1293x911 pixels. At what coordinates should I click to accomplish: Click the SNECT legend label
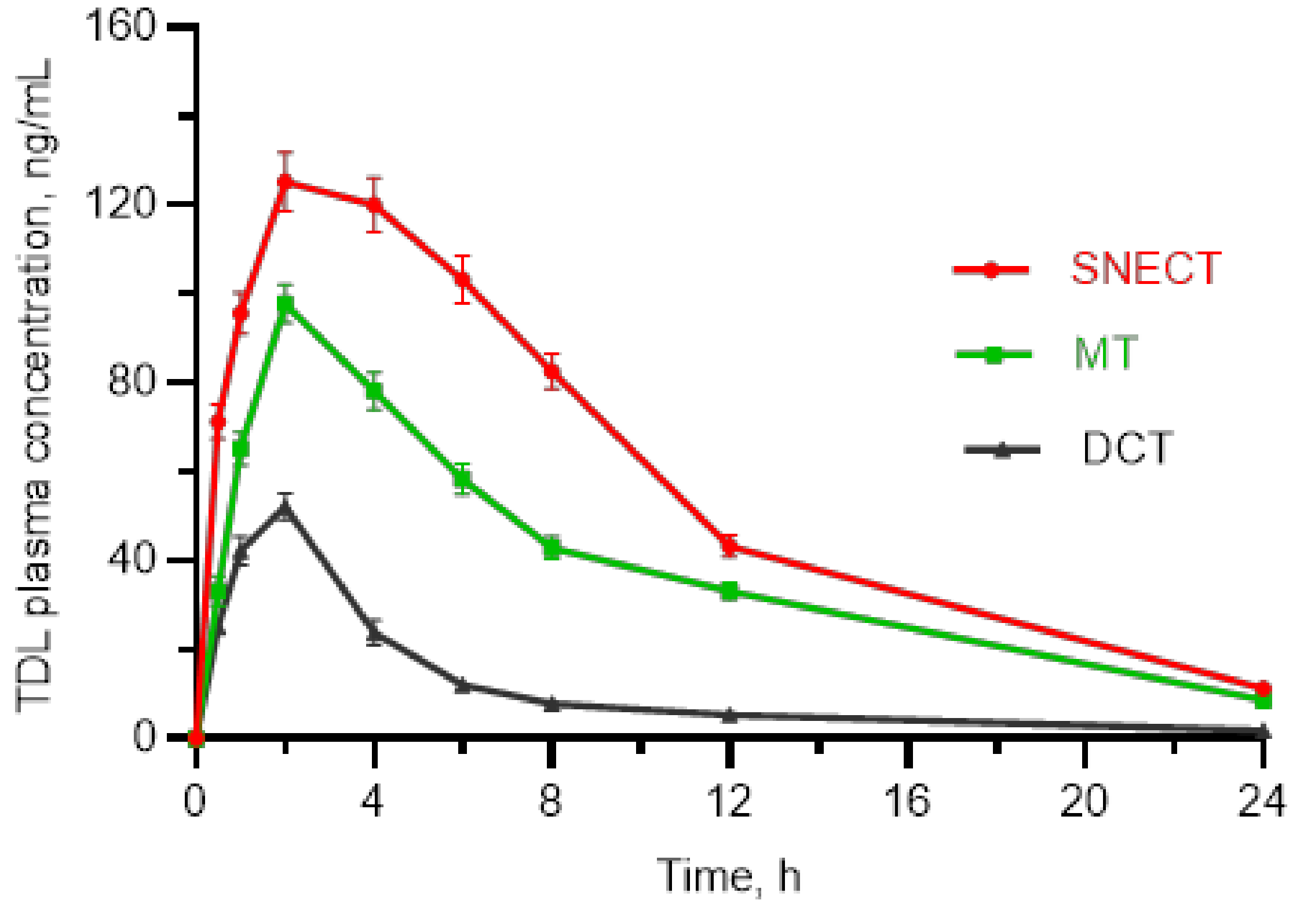(1146, 269)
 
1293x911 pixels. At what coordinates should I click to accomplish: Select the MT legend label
(1105, 353)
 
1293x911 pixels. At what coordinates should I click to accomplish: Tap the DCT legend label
(1127, 448)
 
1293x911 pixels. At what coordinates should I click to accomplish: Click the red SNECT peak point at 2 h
(285, 181)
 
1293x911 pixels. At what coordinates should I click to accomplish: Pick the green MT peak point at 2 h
(285, 304)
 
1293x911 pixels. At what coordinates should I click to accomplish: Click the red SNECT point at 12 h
(730, 545)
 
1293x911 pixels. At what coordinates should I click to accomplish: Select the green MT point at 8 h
(552, 547)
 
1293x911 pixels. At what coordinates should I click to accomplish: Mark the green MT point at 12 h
(730, 591)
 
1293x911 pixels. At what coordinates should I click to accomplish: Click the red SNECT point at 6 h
(462, 280)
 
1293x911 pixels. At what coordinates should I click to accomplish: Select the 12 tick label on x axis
(729, 801)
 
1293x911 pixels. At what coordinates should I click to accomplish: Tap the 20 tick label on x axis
(1084, 801)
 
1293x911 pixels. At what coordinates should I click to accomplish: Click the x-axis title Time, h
(729, 876)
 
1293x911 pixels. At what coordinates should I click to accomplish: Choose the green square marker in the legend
(994, 355)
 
